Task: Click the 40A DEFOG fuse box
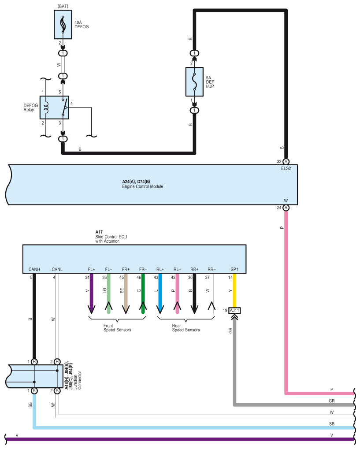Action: coord(63,25)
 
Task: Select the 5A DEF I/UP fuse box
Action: coord(194,82)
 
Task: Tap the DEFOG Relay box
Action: coord(54,108)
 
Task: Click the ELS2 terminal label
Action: coord(286,168)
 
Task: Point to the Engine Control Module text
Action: coord(143,186)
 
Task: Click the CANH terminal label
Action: coord(34,270)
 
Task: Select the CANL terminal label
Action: coord(57,270)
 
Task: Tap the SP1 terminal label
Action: coord(234,270)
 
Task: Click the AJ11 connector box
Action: coord(234,310)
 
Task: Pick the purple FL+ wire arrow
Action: coord(91,293)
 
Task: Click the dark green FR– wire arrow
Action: coord(143,293)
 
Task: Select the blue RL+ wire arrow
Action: coord(160,293)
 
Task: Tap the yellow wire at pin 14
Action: coord(234,290)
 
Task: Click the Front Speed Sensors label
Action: coord(117,328)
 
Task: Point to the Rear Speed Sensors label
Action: coord(186,328)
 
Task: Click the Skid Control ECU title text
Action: coord(111,237)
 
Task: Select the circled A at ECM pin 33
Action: coord(286,162)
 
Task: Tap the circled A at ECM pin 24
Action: coord(286,208)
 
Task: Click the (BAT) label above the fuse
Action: coord(63,6)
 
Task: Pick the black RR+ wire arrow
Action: coord(194,293)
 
